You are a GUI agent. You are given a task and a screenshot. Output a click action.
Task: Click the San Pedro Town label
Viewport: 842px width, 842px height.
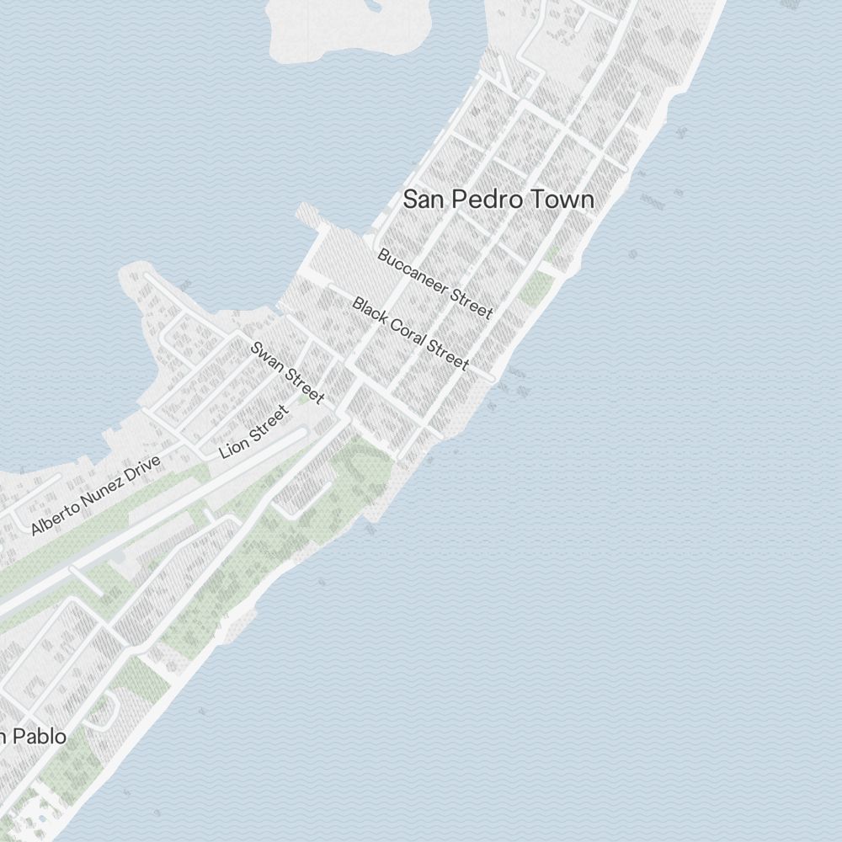[498, 200]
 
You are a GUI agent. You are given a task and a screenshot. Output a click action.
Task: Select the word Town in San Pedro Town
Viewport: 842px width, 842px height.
[565, 200]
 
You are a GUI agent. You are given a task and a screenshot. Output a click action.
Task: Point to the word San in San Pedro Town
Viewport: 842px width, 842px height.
[424, 200]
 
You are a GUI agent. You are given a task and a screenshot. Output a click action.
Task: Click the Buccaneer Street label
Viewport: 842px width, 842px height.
[434, 283]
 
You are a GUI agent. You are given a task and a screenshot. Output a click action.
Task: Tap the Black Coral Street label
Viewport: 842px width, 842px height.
[410, 333]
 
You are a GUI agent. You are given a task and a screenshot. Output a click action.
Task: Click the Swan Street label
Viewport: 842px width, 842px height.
[287, 372]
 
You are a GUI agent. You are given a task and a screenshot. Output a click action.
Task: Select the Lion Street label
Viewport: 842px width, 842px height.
[253, 431]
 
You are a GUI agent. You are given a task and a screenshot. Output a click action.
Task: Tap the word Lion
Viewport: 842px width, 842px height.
[232, 445]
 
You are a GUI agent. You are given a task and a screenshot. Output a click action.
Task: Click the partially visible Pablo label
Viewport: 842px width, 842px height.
[34, 737]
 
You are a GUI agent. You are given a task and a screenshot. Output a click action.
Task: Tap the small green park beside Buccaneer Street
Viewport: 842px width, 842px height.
[536, 288]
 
